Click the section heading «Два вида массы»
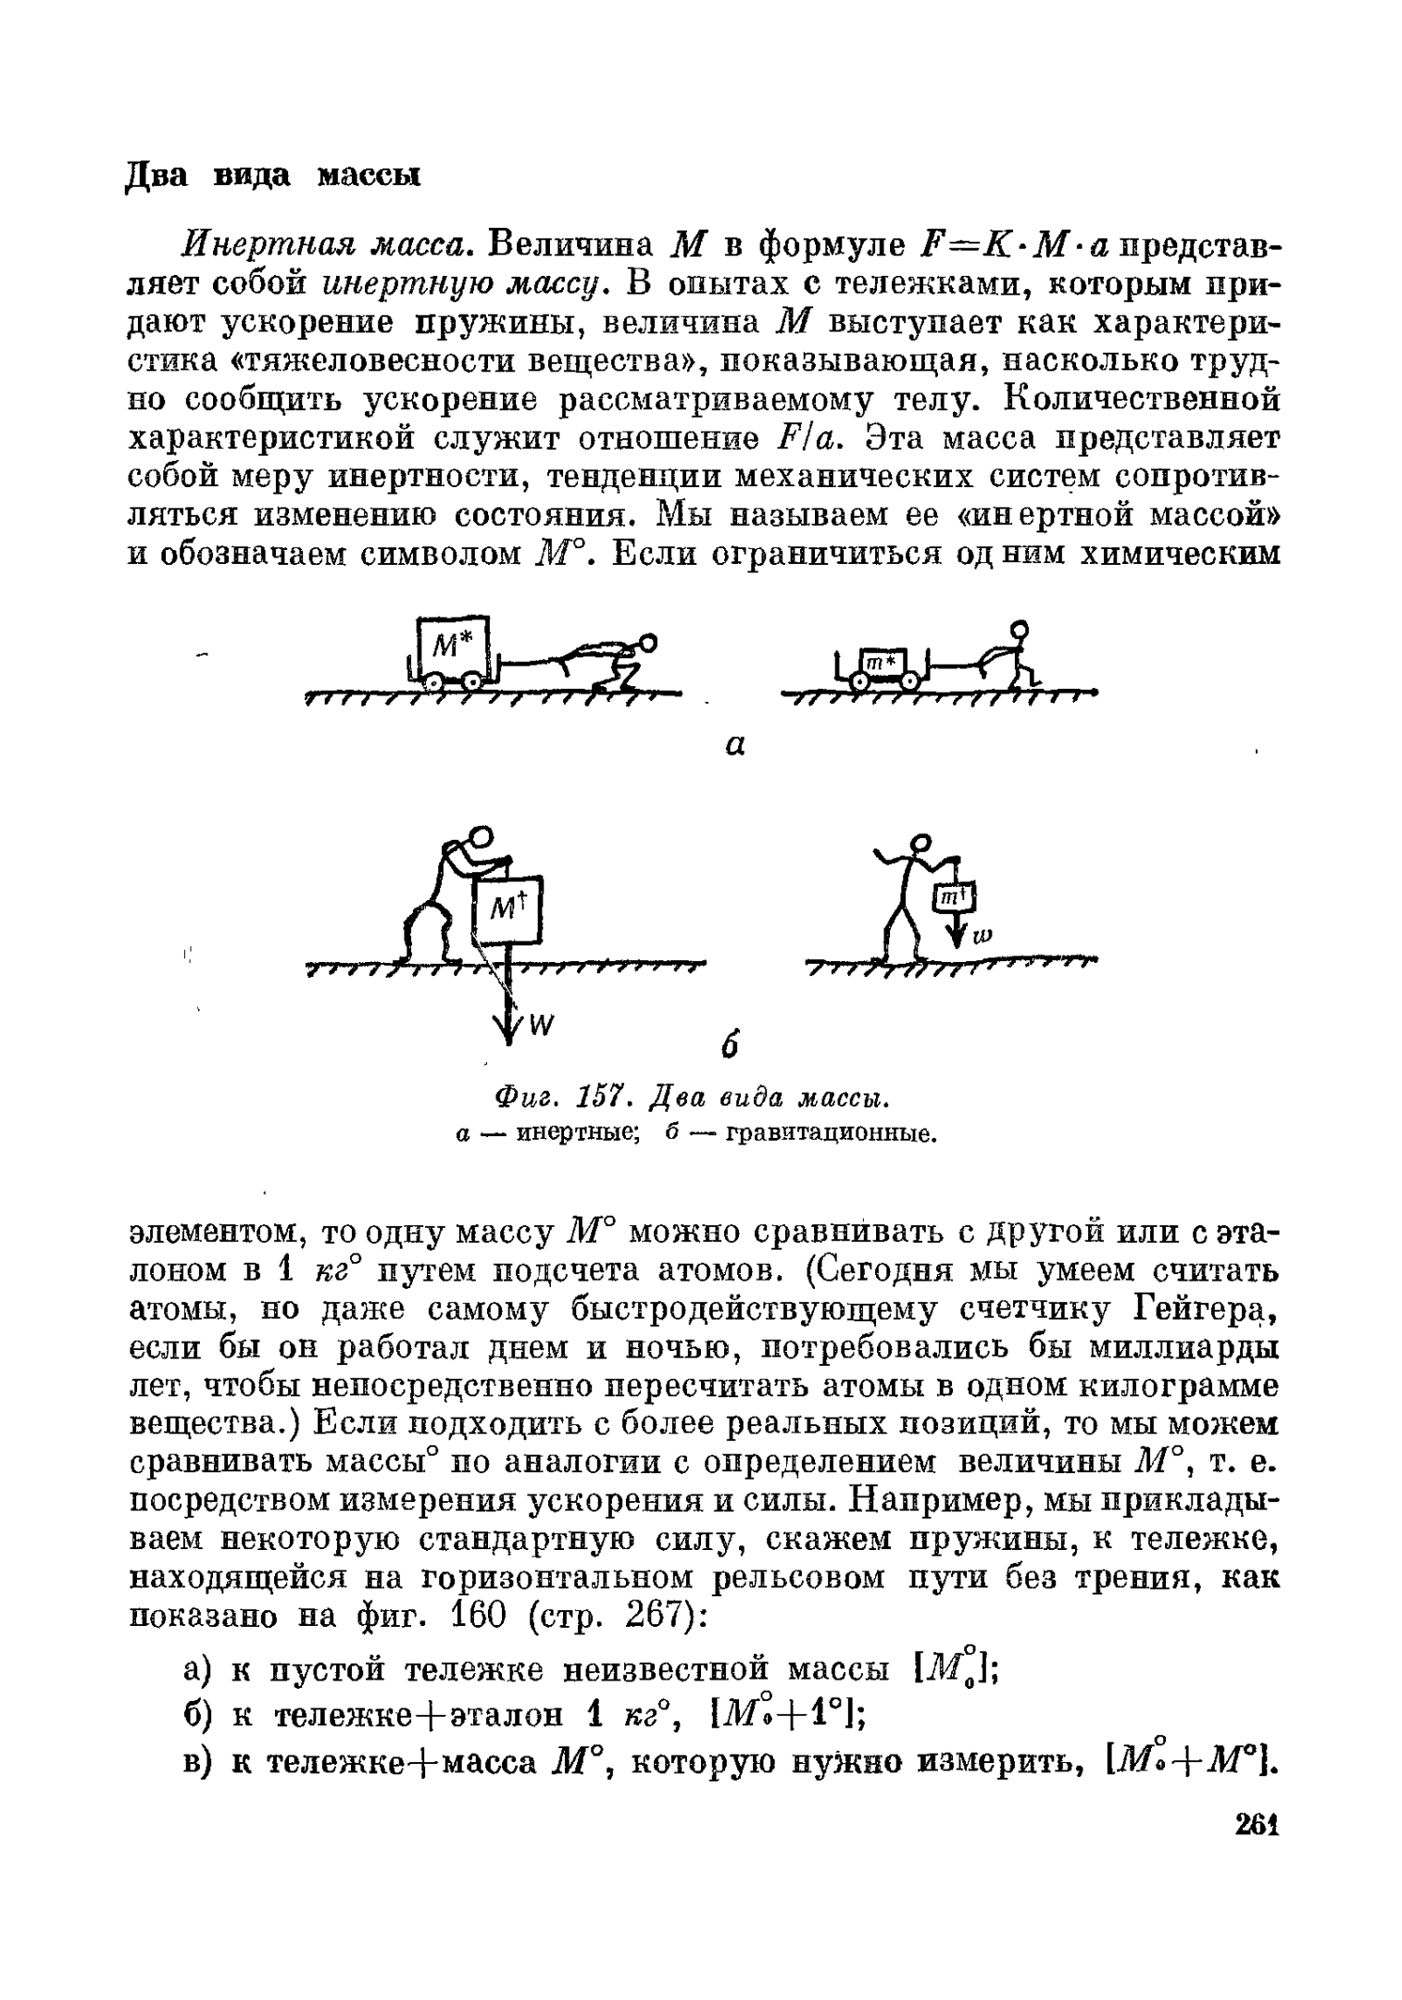tap(272, 174)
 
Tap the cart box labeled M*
tap(452, 645)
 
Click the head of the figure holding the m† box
tap(920, 843)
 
